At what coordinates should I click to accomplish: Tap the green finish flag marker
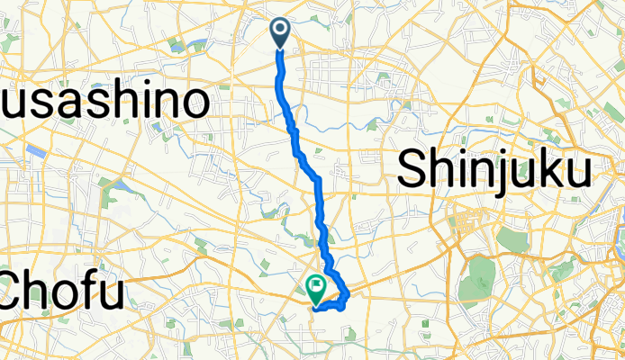(317, 289)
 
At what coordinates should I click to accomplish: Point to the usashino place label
(104, 104)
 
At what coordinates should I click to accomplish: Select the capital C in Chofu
(20, 290)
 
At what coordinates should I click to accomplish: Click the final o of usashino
(195, 106)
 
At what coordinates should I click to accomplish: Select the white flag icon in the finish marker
(317, 287)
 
